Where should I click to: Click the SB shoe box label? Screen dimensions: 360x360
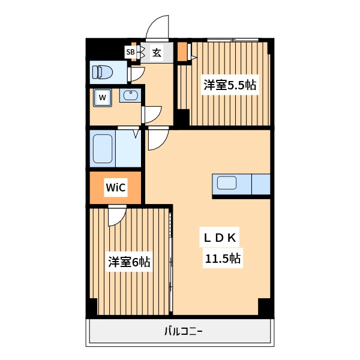click(x=130, y=52)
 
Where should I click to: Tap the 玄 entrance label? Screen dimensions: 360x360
click(x=157, y=53)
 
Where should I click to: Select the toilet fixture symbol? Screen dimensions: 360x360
click(x=103, y=72)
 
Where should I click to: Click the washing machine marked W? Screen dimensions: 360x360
click(x=103, y=98)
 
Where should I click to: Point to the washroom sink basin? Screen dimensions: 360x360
click(x=130, y=95)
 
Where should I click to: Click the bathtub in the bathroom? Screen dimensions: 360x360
click(x=103, y=149)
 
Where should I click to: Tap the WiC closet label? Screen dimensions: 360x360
click(x=116, y=187)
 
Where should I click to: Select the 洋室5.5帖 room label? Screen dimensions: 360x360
click(x=230, y=85)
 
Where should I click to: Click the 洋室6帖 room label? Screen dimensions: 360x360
click(x=129, y=262)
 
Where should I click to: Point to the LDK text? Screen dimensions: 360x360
click(x=220, y=238)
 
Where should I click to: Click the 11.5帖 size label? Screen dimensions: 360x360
click(x=223, y=258)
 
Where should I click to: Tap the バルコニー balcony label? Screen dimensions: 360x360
click(x=184, y=331)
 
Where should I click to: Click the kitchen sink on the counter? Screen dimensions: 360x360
click(x=227, y=183)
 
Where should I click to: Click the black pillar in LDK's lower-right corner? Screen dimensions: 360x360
click(x=265, y=307)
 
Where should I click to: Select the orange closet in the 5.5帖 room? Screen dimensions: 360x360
click(x=182, y=52)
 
